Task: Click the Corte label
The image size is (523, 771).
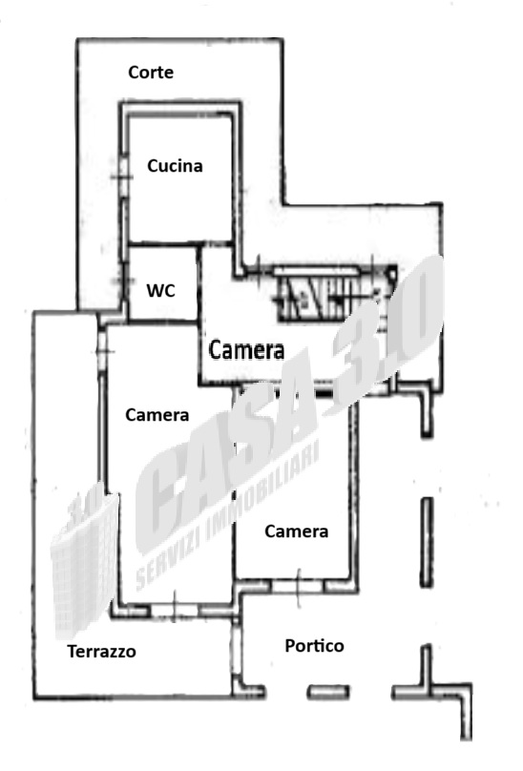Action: (x=151, y=73)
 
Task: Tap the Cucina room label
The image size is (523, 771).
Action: (x=175, y=166)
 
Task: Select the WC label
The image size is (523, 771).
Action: (x=161, y=291)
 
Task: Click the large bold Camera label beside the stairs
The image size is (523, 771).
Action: (x=246, y=349)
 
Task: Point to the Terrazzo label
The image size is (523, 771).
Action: (x=101, y=652)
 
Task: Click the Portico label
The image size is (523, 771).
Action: (x=314, y=646)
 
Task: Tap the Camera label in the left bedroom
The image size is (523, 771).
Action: (x=157, y=415)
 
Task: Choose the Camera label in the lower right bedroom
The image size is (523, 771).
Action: (x=296, y=531)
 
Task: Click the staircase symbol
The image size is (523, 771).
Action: (x=336, y=294)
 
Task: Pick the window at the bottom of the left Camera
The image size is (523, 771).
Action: (x=175, y=610)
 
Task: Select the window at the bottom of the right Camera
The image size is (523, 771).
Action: (x=298, y=586)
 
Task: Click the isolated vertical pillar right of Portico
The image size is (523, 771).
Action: (x=427, y=542)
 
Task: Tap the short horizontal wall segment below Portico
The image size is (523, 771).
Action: (x=328, y=693)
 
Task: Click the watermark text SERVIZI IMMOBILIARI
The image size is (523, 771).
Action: (x=227, y=513)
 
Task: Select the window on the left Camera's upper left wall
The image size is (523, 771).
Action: (x=102, y=351)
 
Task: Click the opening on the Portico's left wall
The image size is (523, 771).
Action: (x=236, y=651)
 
